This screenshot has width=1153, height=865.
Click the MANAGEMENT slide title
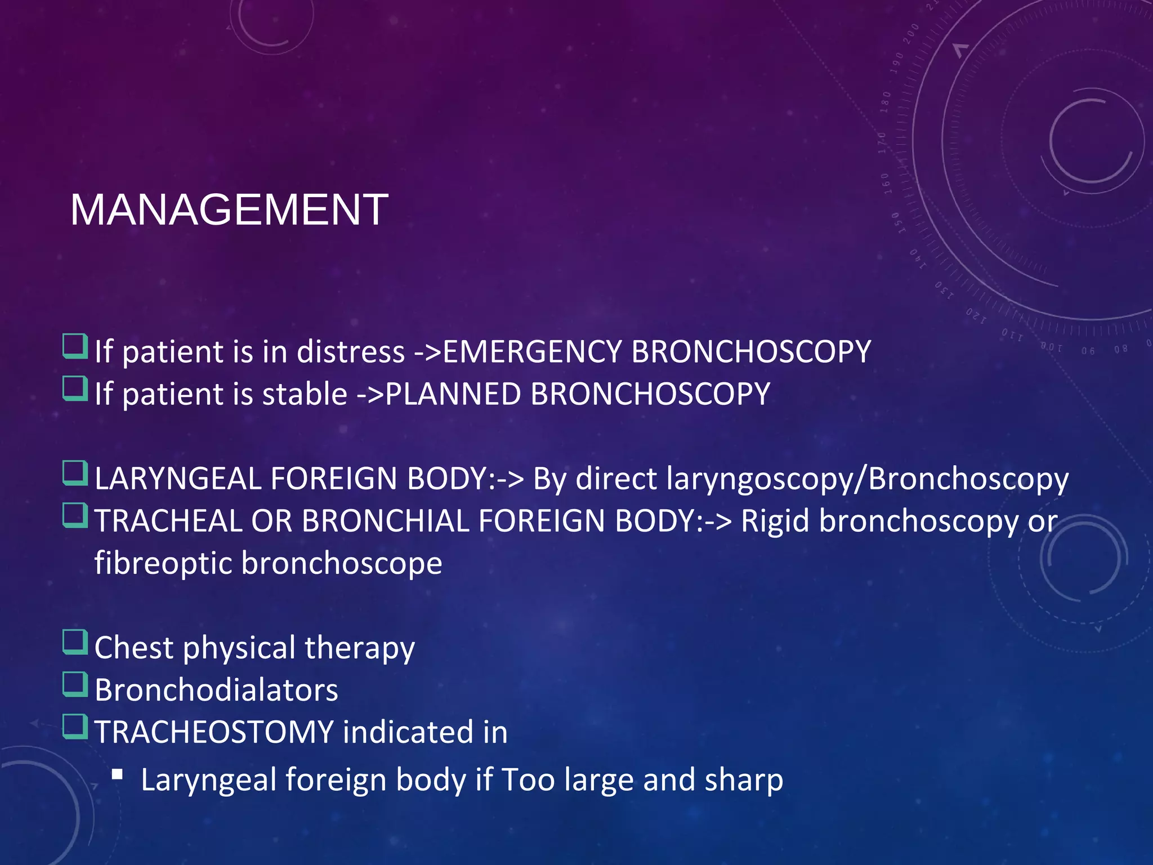click(x=229, y=209)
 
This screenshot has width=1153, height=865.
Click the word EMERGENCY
click(x=532, y=352)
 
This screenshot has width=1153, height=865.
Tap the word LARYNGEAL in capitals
click(x=178, y=479)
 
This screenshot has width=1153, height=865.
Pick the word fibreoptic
click(x=163, y=563)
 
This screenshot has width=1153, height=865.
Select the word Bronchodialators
click(x=216, y=690)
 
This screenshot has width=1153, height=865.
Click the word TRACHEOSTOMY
click(x=214, y=732)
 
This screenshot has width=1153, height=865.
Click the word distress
click(x=350, y=352)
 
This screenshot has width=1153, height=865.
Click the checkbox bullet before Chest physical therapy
click(x=75, y=643)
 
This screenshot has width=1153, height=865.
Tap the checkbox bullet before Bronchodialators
click(x=75, y=685)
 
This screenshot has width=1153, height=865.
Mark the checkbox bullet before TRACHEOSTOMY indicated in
click(x=75, y=727)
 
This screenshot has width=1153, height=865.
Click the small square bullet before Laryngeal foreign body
click(x=117, y=775)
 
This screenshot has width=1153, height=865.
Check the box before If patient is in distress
click(x=75, y=347)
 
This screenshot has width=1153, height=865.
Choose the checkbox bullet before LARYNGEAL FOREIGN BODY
click(x=75, y=474)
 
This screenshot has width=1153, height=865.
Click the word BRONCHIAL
click(x=385, y=521)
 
